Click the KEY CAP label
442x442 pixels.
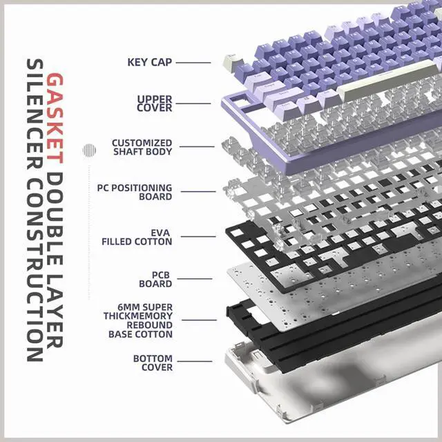(149, 62)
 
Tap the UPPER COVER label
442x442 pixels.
(154, 104)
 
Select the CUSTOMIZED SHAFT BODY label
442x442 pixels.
(142, 147)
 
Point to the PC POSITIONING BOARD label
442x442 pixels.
(135, 192)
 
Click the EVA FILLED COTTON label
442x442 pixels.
(137, 238)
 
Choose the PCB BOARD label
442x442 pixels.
(156, 279)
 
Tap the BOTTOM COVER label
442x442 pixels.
(153, 363)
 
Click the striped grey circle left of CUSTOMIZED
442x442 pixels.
(88, 150)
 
